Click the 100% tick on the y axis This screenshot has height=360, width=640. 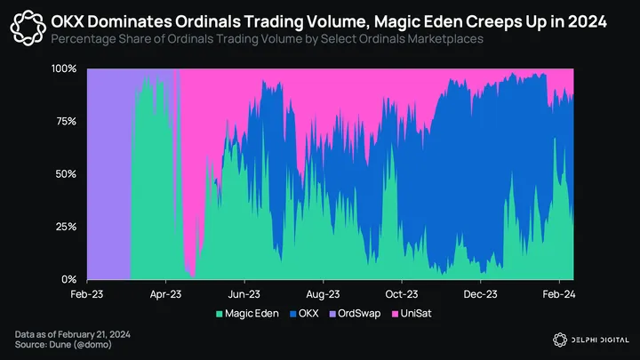(x=62, y=68)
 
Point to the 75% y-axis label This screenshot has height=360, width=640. (x=65, y=121)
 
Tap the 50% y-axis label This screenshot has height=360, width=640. (x=65, y=174)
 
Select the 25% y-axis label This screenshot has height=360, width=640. (x=65, y=227)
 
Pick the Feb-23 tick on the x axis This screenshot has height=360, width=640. (x=86, y=292)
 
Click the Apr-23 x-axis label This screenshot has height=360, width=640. (x=164, y=292)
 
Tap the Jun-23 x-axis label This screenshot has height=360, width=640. (x=244, y=292)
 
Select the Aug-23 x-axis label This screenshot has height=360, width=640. (x=323, y=292)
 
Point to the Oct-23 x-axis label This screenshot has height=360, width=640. (x=402, y=292)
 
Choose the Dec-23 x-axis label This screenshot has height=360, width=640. (x=479, y=292)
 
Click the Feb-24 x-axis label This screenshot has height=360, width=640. (x=557, y=292)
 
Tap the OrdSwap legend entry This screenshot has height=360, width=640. (x=358, y=314)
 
